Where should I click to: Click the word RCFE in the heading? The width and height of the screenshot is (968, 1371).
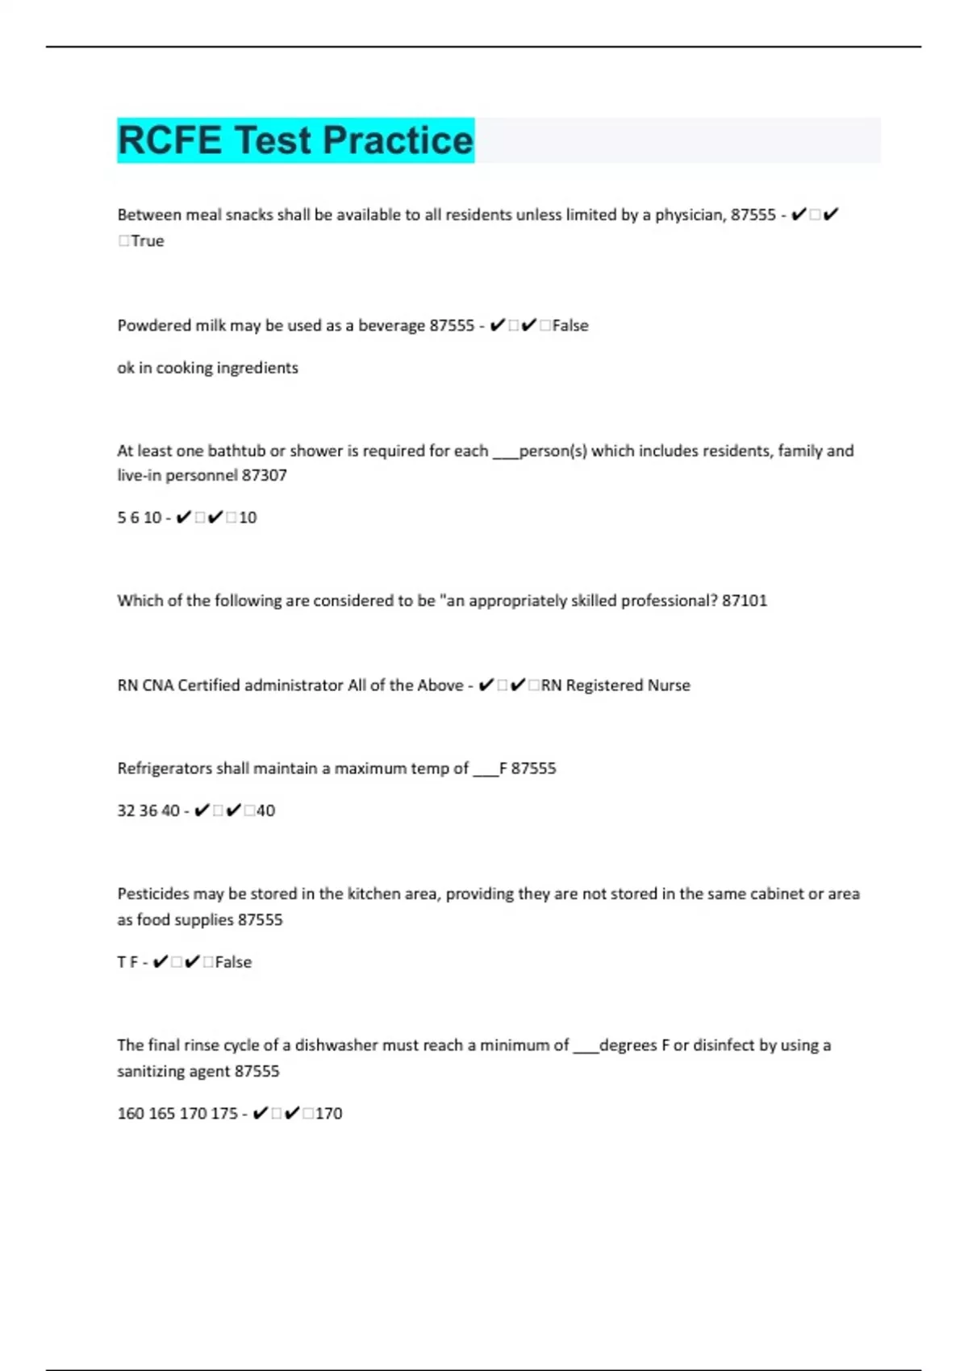(x=169, y=140)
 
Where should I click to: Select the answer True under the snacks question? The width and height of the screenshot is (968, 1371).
(x=148, y=241)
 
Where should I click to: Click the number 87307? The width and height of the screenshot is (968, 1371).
(x=264, y=476)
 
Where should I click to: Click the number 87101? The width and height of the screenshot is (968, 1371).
(x=745, y=601)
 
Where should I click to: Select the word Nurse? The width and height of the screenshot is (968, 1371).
(x=669, y=685)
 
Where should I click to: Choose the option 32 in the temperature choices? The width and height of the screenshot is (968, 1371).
(x=126, y=811)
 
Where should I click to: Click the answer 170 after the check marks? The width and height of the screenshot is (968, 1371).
(x=328, y=1114)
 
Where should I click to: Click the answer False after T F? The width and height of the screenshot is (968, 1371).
(x=233, y=962)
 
